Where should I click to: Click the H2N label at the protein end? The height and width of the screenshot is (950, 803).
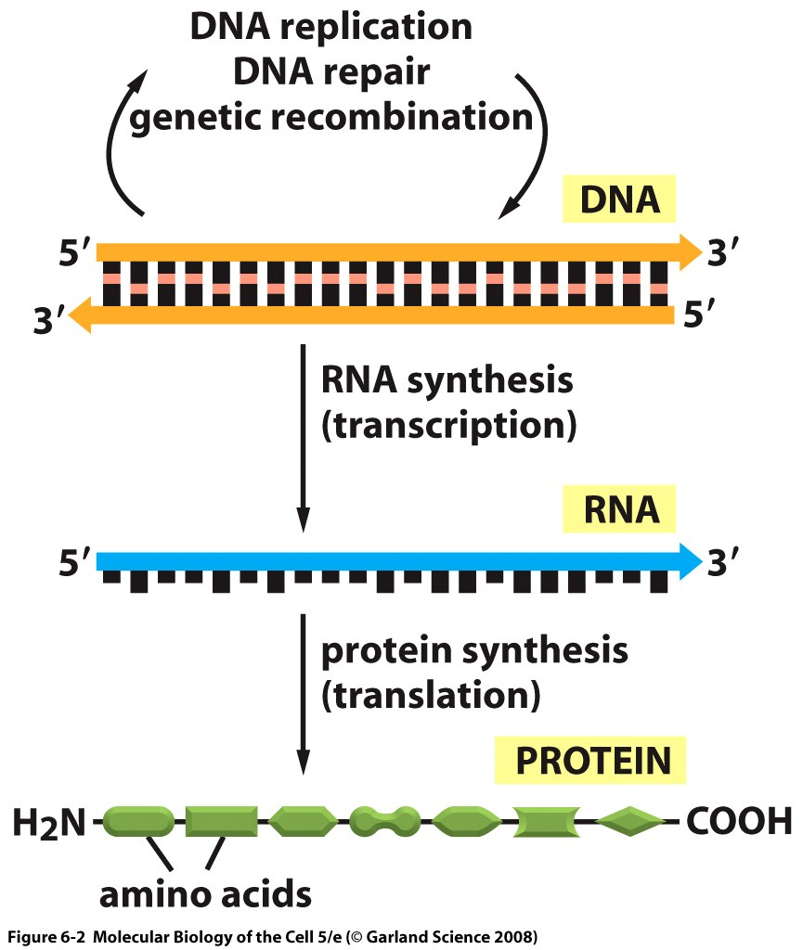49,821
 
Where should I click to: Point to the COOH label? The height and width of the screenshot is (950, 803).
739,821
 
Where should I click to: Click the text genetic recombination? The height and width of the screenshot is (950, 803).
331,118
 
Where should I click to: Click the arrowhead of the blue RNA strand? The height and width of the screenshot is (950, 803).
689,560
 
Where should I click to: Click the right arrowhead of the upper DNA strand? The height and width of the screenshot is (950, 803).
689,251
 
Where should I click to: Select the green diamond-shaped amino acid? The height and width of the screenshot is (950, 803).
630,820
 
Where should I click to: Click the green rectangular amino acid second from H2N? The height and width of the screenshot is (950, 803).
221,820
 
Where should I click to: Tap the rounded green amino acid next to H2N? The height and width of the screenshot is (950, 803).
137,820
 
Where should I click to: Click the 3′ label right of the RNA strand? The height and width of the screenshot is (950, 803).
727,562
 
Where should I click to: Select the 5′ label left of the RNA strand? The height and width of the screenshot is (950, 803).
73,562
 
